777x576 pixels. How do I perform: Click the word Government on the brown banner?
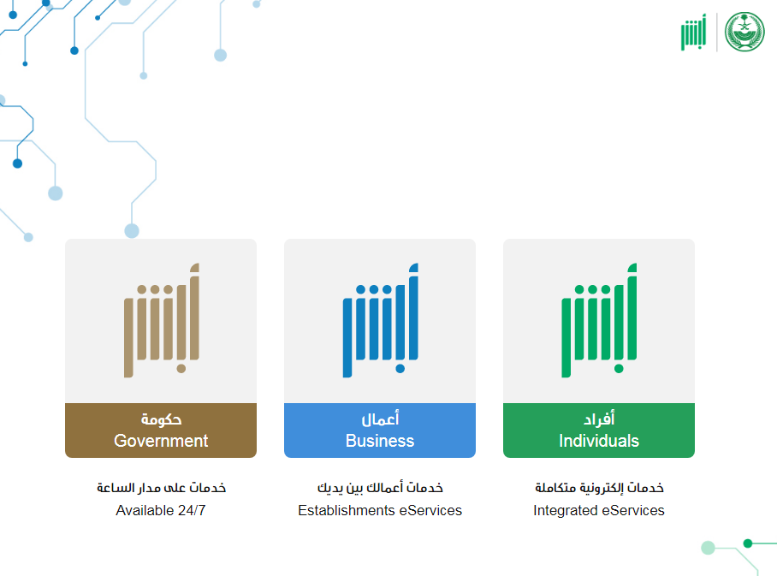point(161,441)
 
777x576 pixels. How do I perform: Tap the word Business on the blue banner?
point(380,441)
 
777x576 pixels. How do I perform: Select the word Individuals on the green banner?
point(599,441)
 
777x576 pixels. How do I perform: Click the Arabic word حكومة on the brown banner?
point(161,419)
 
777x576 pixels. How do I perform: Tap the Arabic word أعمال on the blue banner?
point(380,419)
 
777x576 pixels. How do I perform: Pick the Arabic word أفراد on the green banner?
point(599,419)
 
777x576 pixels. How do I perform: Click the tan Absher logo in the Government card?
point(161,320)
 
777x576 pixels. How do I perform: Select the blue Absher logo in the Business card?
point(380,320)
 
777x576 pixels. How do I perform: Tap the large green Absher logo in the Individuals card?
point(599,320)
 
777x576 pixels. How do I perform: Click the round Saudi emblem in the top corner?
point(744,32)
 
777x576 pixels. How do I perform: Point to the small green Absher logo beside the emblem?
point(693,33)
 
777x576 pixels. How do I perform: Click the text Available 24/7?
point(161,510)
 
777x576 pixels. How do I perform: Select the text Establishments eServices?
point(380,510)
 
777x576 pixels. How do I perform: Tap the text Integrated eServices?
point(599,510)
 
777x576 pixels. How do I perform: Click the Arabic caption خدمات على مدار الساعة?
point(161,488)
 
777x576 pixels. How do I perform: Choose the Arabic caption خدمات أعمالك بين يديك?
point(380,488)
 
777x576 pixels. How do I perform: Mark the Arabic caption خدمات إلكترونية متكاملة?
point(599,488)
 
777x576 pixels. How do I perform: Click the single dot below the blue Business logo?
point(400,368)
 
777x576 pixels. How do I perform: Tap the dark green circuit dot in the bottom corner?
point(748,543)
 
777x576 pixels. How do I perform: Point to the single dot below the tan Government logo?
point(181,368)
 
